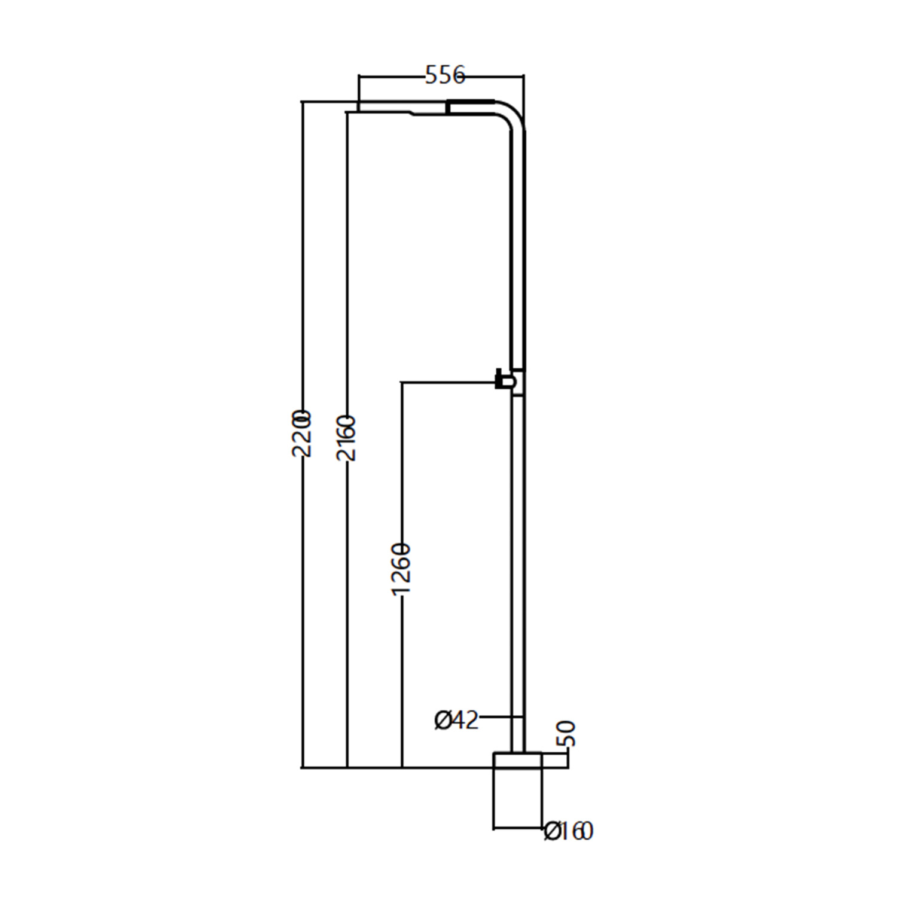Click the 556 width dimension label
(444, 75)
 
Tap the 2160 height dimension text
(346, 438)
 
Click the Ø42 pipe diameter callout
(456, 721)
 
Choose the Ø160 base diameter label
(569, 831)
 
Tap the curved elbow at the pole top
(511, 114)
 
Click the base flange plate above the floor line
(517, 759)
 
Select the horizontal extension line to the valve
(448, 382)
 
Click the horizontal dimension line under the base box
(518, 828)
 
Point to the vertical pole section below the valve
(518, 568)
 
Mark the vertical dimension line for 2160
(347, 598)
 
